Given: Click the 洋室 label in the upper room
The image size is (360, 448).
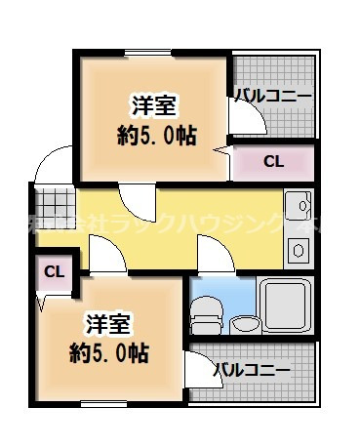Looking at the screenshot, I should tap(151, 105).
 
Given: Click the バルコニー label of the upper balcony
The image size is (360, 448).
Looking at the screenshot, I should tap(273, 96).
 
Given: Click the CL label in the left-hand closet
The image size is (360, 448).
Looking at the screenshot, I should tap(54, 270).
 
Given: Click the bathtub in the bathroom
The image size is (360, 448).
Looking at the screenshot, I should tap(285, 305).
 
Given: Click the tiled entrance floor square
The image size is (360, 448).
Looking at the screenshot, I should tap(47, 198).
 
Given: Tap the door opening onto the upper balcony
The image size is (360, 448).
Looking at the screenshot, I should tap(246, 119).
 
